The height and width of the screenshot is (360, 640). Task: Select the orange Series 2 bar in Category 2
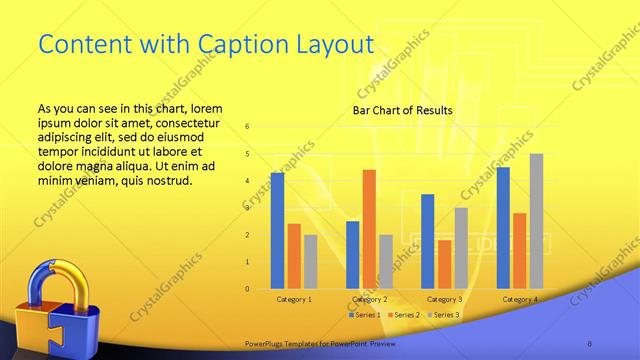(369, 229)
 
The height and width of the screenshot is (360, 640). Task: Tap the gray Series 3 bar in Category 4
(536, 221)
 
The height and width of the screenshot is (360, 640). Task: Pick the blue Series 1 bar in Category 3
(428, 241)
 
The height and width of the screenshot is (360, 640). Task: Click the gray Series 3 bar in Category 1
(310, 261)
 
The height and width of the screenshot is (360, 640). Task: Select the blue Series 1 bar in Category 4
(503, 228)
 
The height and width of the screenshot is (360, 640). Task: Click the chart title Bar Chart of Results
(403, 110)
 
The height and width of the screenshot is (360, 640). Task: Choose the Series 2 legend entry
(403, 315)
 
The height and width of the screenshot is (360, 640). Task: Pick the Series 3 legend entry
(443, 315)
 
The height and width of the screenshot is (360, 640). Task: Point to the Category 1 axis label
(293, 299)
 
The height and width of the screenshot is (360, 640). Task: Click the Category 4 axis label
(519, 299)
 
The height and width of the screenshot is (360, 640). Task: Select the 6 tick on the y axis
(247, 126)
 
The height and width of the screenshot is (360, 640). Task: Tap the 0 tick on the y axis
(247, 289)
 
